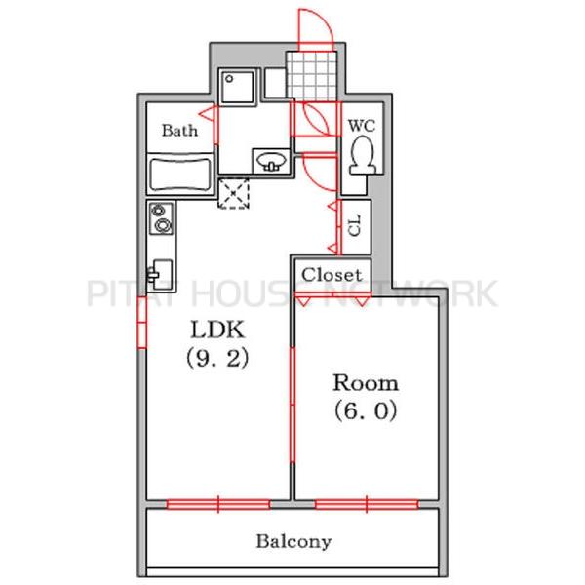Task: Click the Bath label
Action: [179, 131]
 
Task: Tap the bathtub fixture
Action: [180, 175]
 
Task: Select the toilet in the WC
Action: [363, 155]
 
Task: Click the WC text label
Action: [362, 126]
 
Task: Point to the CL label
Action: [355, 225]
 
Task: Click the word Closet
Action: [331, 275]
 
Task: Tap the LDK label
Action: [217, 330]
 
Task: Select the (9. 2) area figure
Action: [217, 358]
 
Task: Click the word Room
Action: [366, 383]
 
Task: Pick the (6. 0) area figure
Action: [366, 411]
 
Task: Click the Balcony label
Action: [293, 542]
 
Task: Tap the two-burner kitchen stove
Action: [161, 218]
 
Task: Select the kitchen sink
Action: [161, 275]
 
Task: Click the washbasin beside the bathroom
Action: [271, 162]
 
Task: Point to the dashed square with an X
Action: [233, 194]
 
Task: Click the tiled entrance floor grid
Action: [312, 76]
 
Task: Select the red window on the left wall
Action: [141, 322]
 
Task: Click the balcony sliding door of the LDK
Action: [218, 504]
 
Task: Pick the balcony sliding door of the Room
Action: [367, 504]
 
